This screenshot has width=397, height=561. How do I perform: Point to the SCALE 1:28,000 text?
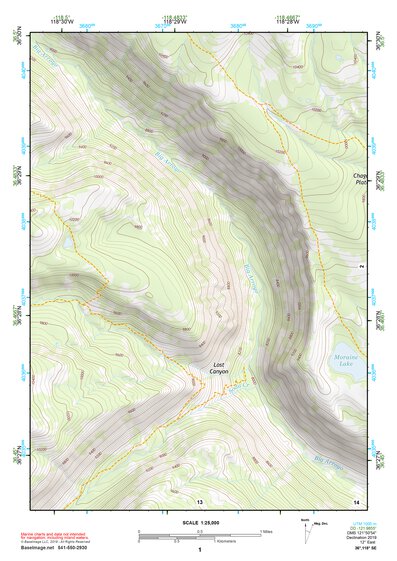[200, 522]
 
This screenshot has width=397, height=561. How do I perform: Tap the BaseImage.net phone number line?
[74, 547]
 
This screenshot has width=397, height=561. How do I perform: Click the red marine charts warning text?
[67, 531]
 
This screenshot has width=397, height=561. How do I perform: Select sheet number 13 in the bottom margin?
[200, 500]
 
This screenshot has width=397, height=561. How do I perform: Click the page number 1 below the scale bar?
[200, 551]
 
